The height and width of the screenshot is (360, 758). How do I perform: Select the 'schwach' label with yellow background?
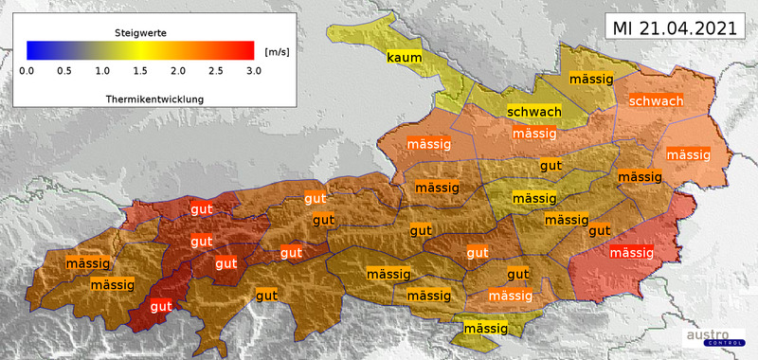pos(533,112)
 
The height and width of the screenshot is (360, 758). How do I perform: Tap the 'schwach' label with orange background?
pos(656,101)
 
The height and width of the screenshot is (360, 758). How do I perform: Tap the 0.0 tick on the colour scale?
pos(27,71)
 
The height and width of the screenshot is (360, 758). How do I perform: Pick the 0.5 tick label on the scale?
pos(64,71)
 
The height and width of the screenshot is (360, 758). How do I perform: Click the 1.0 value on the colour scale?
pos(102,71)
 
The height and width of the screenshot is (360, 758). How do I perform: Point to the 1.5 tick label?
pos(140,71)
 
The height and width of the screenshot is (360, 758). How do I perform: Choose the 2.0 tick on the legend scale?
pos(178,71)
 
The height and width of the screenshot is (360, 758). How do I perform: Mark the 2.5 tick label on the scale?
pos(216,71)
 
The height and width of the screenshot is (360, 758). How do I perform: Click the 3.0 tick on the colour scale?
pos(253,71)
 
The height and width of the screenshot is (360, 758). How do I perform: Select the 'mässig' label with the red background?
pos(631,253)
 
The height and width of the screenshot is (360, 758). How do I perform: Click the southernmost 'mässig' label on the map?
pos(484,329)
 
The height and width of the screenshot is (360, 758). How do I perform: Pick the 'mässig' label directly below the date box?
pos(590,79)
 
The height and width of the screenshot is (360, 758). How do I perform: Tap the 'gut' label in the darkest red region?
pos(161,306)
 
